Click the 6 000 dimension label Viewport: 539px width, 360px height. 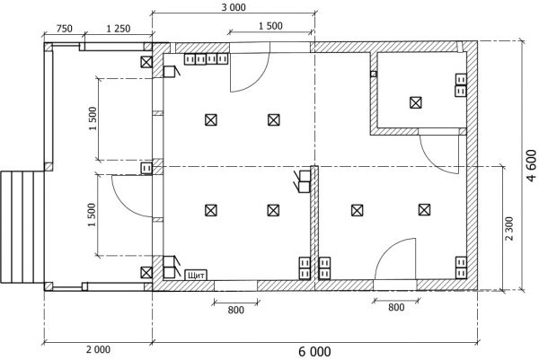(314, 352)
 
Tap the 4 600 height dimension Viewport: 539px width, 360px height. (531, 165)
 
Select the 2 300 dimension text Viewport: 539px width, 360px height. (509, 228)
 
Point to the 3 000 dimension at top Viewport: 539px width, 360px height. (234, 7)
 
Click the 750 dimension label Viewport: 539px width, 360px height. (65, 29)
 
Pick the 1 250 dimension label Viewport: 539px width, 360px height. (119, 29)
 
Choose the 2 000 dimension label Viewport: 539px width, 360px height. (98, 350)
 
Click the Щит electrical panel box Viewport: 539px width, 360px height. (196, 275)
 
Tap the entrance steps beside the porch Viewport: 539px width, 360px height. (22, 227)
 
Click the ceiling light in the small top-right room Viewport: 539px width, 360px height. (416, 102)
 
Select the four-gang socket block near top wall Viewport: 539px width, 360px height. (207, 59)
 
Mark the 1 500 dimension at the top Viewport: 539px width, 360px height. (270, 26)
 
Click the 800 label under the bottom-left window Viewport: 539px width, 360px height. (235, 310)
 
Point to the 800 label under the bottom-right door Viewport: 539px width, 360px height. (396, 307)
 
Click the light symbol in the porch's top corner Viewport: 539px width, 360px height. (146, 62)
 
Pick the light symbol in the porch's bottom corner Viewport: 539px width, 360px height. (146, 272)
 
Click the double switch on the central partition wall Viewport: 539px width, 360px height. (302, 181)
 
